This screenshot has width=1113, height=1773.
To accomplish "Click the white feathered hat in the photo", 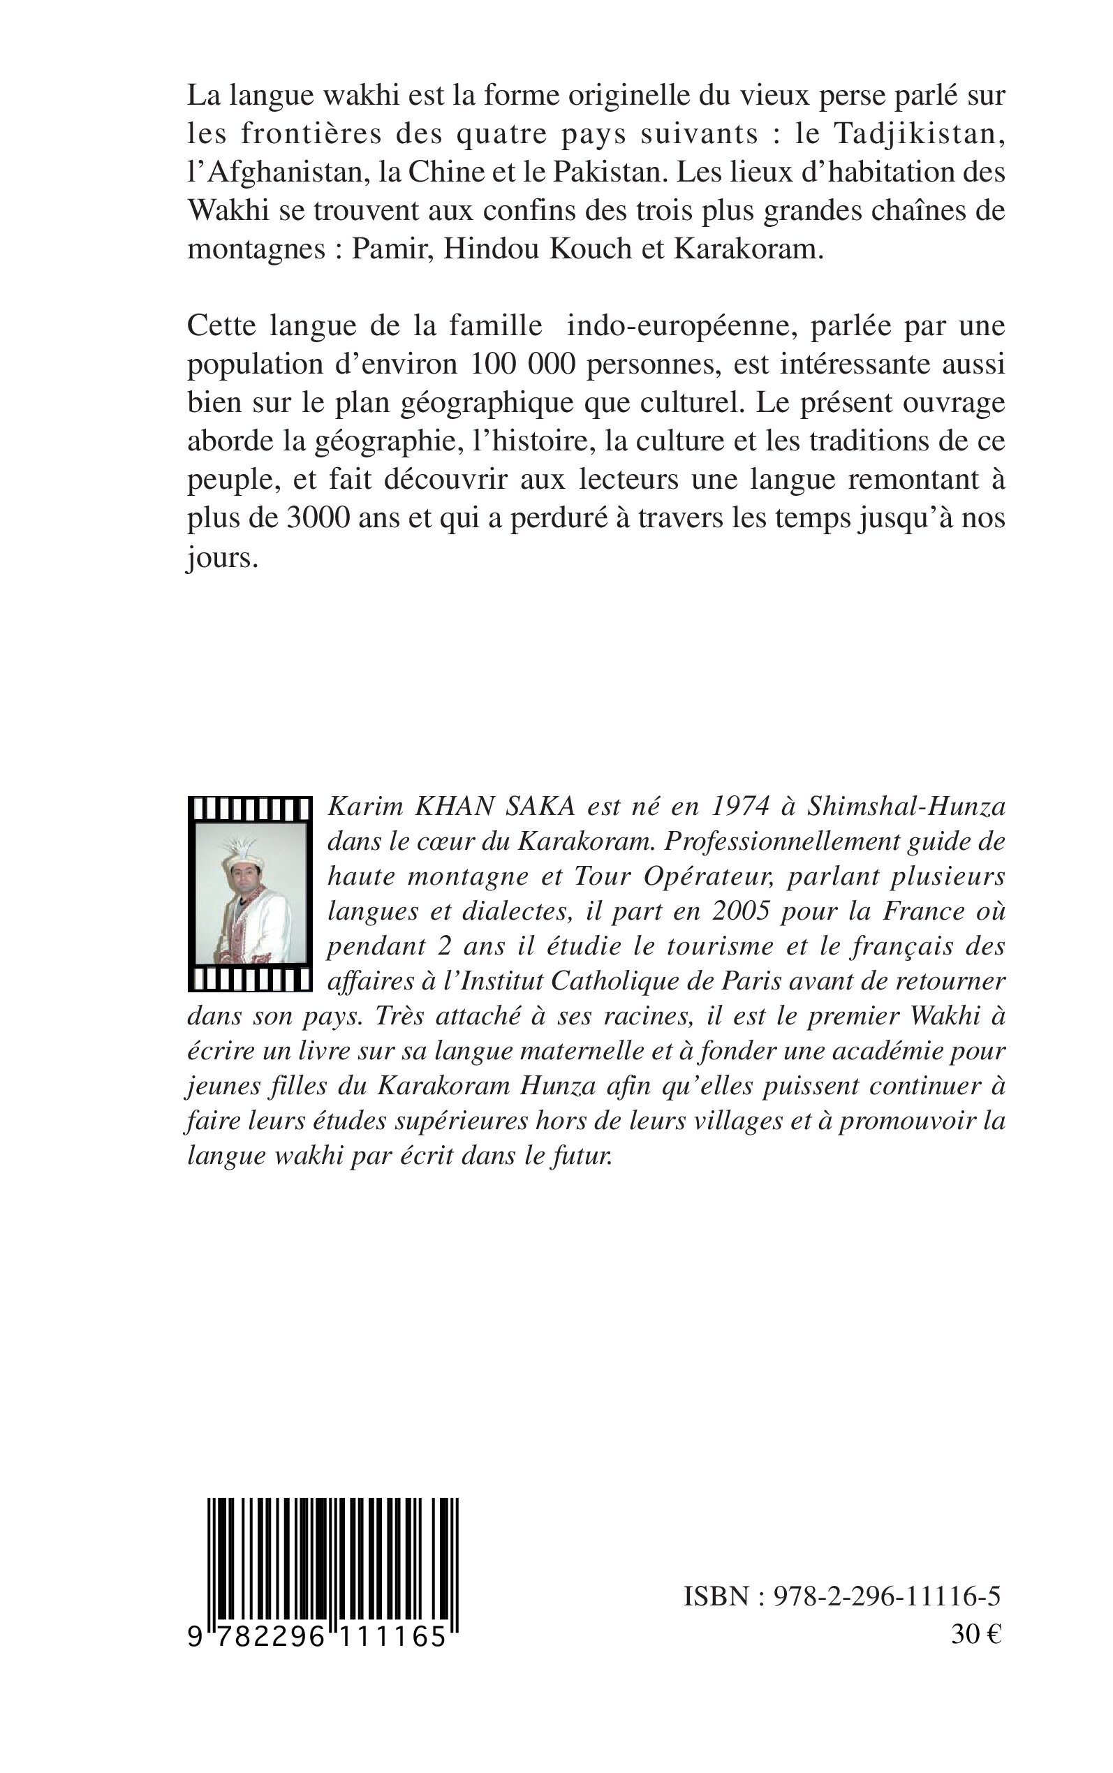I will click(243, 854).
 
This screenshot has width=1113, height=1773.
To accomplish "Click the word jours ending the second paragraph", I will click(221, 557).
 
